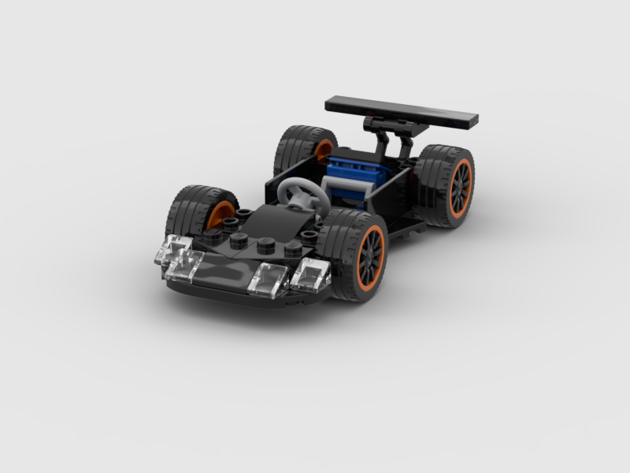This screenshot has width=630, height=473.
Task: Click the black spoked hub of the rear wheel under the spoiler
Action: click(x=461, y=188)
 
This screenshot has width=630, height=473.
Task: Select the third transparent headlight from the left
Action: click(x=268, y=278)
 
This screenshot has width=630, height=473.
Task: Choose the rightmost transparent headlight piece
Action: click(x=310, y=273)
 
